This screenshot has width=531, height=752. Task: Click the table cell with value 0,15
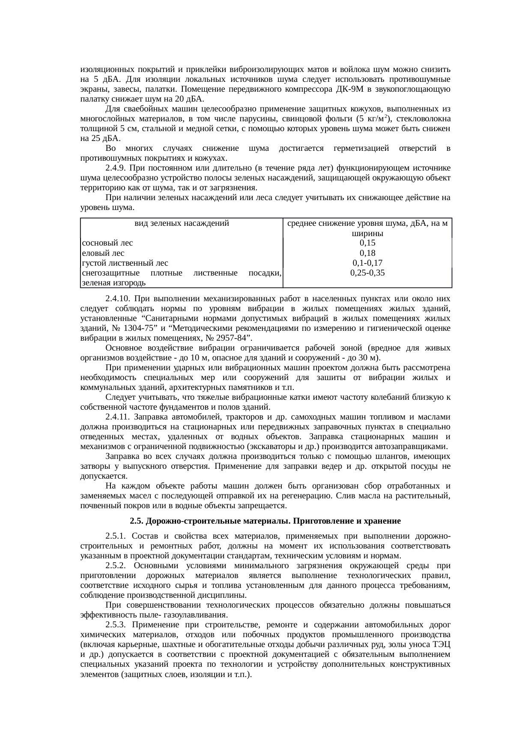(x=367, y=243)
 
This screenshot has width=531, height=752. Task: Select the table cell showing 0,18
(x=367, y=253)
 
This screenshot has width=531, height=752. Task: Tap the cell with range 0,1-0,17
(x=367, y=263)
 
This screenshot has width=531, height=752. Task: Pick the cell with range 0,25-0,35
(x=367, y=273)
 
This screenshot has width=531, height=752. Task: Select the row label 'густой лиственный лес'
(x=125, y=263)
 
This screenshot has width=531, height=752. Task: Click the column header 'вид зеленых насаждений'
(x=182, y=223)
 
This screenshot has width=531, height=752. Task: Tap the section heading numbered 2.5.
(x=265, y=521)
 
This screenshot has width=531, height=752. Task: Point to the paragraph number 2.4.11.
(x=118, y=417)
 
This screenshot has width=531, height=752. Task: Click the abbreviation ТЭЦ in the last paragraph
(x=442, y=644)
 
